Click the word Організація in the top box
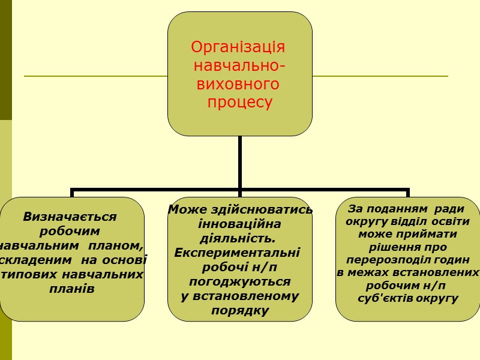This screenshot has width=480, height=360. point(238,47)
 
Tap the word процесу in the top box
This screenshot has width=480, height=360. point(240,103)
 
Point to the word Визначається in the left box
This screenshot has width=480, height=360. point(70,217)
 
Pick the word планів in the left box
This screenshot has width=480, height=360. point(72,289)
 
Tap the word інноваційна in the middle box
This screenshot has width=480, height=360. point(239,224)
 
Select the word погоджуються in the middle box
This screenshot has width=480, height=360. point(239,281)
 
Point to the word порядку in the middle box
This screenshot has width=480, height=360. point(240,310)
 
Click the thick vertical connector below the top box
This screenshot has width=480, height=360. point(240,162)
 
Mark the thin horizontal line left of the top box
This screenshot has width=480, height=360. point(96,76)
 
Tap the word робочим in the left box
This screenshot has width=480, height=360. point(70,231)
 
